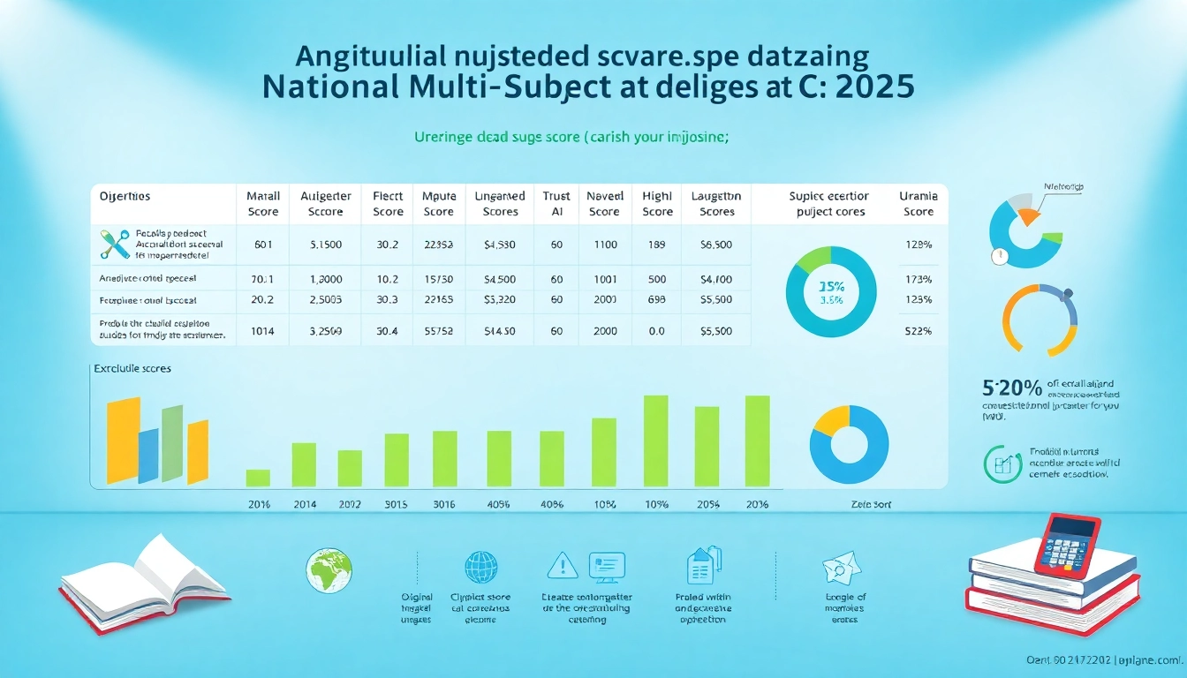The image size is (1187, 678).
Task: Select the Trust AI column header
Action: tap(556, 204)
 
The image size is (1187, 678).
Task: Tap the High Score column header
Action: tap(657, 204)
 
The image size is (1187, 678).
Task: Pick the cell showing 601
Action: tap(263, 244)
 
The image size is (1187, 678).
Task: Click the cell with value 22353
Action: tap(438, 244)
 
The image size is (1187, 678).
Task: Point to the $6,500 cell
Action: tap(716, 244)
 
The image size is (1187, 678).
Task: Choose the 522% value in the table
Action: tap(919, 331)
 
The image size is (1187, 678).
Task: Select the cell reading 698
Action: tap(656, 299)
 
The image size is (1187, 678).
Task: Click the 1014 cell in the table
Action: tap(263, 331)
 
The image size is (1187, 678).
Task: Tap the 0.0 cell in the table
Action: tap(656, 331)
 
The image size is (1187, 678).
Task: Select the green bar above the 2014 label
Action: tap(304, 464)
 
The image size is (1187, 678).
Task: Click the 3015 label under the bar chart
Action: tap(396, 505)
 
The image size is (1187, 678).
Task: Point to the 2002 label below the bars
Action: tap(350, 505)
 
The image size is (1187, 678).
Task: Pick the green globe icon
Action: tap(329, 570)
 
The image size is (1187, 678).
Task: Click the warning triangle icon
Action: tap(562, 564)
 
